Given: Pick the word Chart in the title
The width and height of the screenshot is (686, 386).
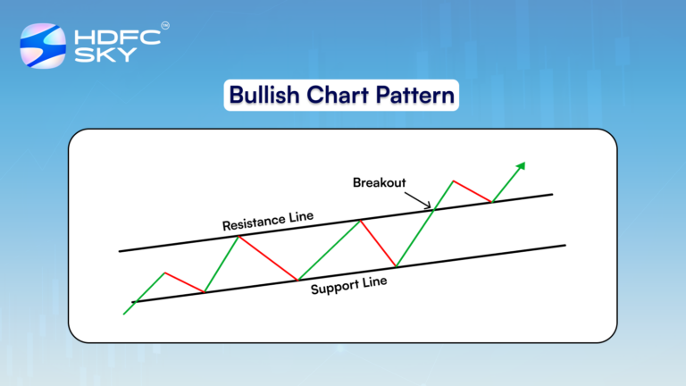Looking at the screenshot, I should click(x=337, y=95).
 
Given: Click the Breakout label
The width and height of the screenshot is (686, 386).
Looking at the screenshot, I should click(x=380, y=182).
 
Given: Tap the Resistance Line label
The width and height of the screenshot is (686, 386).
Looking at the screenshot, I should click(x=267, y=220).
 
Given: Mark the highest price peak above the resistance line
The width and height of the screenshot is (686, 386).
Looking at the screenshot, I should click(x=454, y=180).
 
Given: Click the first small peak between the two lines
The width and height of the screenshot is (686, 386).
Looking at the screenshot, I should click(x=164, y=273).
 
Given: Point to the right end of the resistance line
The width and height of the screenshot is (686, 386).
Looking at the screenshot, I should click(x=552, y=193).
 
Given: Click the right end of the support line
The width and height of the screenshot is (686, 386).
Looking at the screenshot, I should click(x=565, y=245).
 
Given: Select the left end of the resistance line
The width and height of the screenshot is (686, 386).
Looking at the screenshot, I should click(x=120, y=251).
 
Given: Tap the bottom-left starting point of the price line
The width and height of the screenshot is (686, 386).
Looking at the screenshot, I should click(x=123, y=314).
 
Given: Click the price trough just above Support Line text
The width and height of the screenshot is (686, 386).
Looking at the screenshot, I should click(x=298, y=279).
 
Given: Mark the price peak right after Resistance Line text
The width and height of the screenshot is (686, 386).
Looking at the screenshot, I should click(x=360, y=220).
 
